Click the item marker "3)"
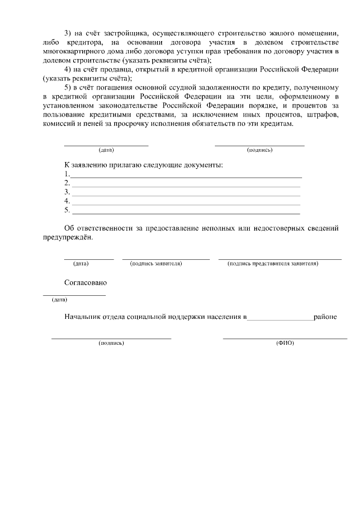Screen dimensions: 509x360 (x=69, y=33)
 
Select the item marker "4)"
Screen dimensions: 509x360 (x=69, y=70)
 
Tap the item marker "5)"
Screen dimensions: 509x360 (x=69, y=88)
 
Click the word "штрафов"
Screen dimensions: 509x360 (x=321, y=115)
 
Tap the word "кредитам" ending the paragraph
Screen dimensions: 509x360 (x=277, y=124)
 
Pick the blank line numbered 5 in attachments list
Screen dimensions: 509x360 (x=186, y=213)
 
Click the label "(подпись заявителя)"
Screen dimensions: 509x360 (x=156, y=263)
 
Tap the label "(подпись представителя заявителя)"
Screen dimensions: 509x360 (x=273, y=263)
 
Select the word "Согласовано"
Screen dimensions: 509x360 (x=85, y=283)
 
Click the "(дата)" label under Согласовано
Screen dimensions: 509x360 (x=59, y=300)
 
